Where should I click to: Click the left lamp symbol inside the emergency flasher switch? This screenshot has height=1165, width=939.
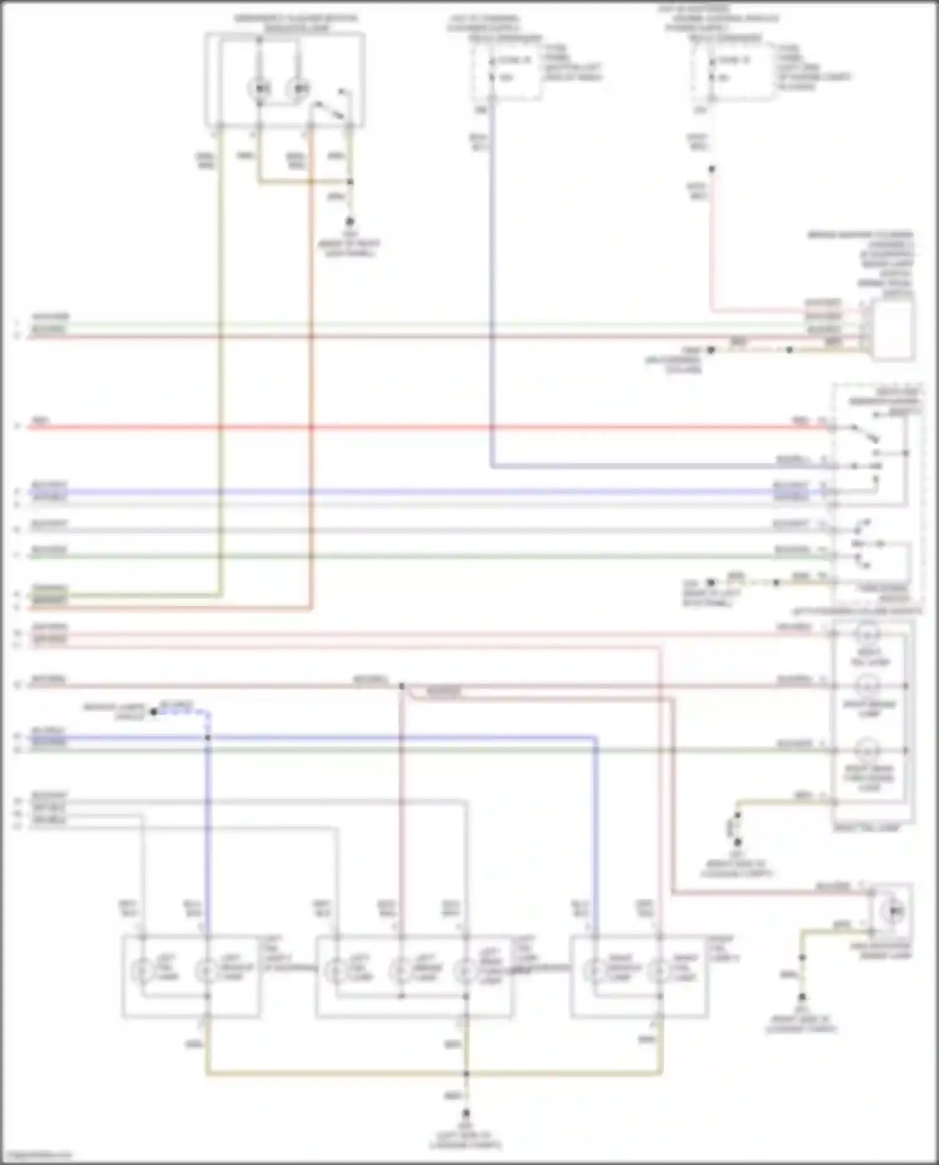coord(260,89)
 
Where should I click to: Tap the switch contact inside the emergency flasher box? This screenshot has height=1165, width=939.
coord(331,108)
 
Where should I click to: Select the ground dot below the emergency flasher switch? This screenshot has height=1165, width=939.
coord(350,222)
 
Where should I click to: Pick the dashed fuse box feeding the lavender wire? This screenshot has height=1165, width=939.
coord(506,69)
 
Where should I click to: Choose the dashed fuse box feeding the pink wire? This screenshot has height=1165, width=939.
coord(732,69)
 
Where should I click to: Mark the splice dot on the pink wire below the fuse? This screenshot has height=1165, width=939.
coord(711,169)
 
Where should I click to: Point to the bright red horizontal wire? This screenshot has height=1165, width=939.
coord(413,428)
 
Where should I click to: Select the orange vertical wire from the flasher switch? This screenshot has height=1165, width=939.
coord(311,376)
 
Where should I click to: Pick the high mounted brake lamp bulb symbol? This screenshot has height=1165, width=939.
coord(893,911)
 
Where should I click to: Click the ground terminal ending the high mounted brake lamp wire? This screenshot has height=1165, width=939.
coord(802,997)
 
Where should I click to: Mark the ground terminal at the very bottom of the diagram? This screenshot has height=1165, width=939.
coord(466,1114)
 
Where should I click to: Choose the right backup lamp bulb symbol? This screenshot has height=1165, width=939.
coord(594,971)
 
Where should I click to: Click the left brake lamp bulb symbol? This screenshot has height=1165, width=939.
coord(400,971)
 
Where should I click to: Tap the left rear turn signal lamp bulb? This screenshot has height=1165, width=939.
coord(464,971)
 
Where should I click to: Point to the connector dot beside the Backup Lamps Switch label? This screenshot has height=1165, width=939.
coord(153,712)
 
